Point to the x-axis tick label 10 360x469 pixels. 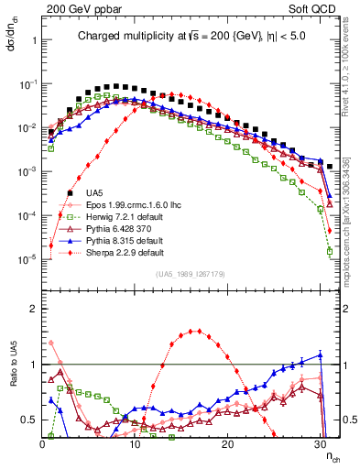[136, 442]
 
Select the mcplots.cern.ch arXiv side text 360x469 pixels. [351, 220]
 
